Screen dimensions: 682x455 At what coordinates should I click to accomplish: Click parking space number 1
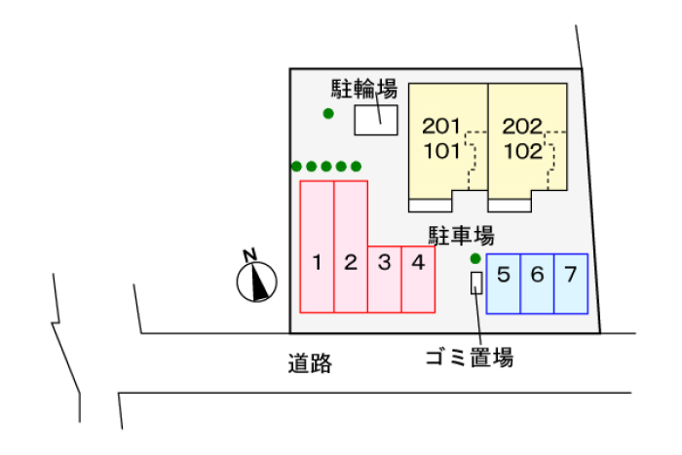pos(317,246)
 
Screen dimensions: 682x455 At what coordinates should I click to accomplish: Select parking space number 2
pos(351,246)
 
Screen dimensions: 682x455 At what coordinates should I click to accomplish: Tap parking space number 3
pos(385,280)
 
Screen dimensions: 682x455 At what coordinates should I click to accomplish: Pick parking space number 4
pos(418,280)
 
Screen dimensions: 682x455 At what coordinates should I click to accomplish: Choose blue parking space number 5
pos(504,284)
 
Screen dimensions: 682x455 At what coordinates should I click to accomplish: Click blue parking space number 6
pos(537,284)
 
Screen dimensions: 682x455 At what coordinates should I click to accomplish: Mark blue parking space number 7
pos(571,284)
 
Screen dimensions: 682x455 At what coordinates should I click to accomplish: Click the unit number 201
pos(441,126)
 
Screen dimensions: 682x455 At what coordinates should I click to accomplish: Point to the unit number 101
pos(442,151)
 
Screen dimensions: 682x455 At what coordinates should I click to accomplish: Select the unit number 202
pos(522,126)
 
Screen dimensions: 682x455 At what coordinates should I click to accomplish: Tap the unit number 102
pos(523,151)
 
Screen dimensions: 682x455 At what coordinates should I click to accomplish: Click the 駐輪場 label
pos(364,89)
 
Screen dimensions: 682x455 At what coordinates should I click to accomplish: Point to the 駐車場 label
pos(462,236)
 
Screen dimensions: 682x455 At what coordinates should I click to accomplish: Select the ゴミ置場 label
pos(470,358)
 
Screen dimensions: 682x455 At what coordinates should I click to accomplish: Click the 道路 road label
pos(310,363)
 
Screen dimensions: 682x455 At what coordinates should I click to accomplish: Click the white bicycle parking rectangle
pos(376,120)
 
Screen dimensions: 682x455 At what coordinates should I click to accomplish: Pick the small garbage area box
pos(476,283)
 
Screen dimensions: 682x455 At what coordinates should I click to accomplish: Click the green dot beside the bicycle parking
pos(328,114)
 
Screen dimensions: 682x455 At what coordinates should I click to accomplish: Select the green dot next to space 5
pos(475,259)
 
